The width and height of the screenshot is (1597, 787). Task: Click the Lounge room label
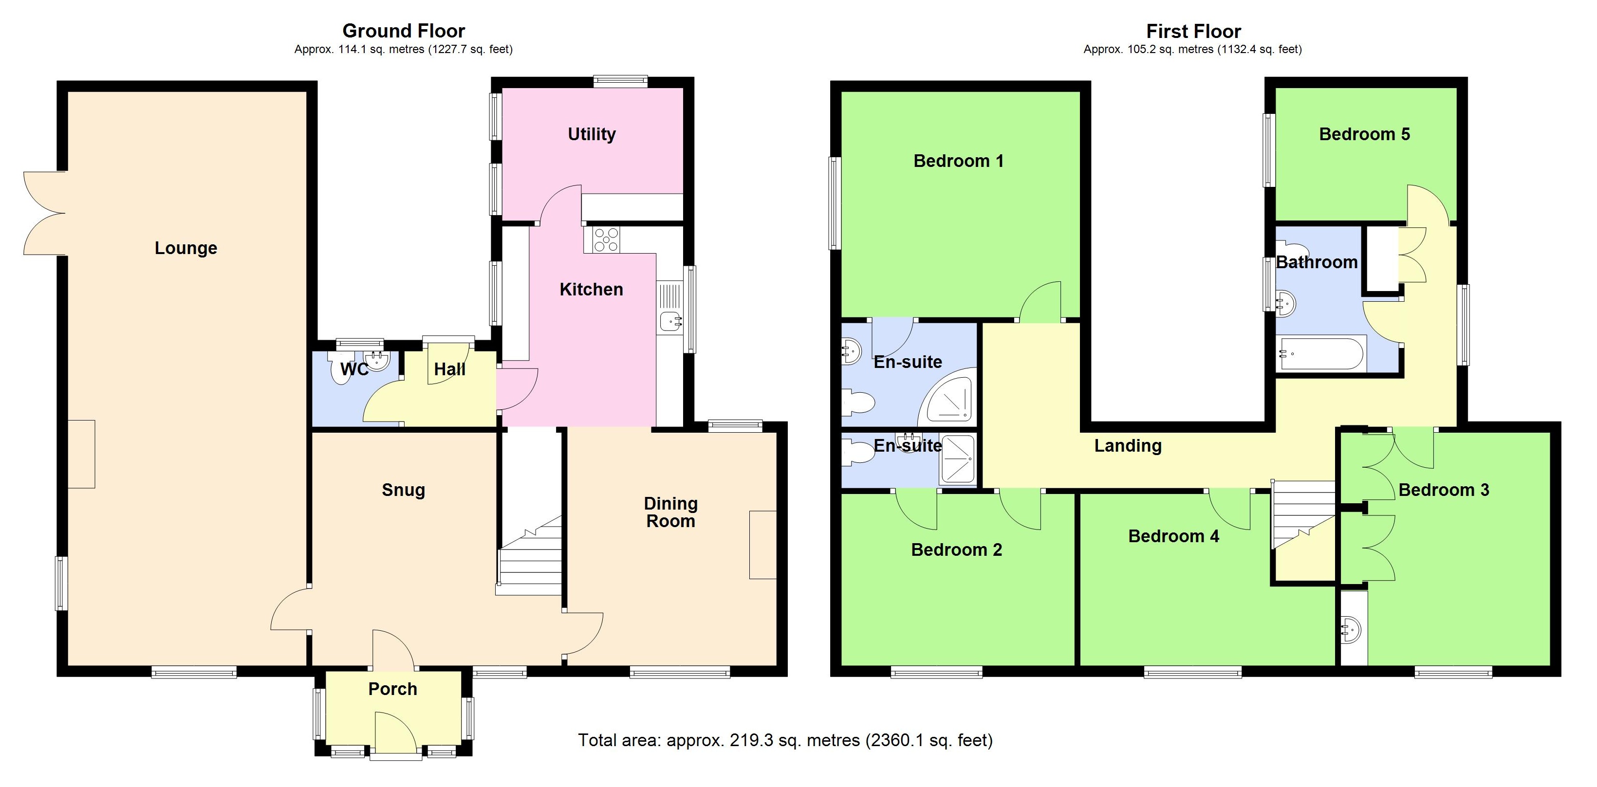(x=186, y=248)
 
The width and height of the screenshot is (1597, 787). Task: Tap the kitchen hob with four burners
(x=606, y=240)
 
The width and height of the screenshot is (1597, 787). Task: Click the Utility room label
(x=592, y=134)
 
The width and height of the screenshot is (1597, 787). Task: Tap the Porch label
(x=392, y=689)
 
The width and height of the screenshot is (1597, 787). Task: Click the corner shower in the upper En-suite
(x=948, y=397)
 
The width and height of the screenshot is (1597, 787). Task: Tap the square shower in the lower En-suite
(x=958, y=459)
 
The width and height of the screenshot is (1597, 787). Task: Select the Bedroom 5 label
(x=1364, y=134)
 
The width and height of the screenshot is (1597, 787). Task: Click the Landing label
(x=1127, y=445)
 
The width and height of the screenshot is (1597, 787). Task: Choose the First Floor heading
(x=1193, y=31)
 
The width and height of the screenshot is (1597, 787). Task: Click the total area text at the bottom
(x=785, y=740)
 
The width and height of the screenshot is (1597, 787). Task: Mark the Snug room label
(x=403, y=490)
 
